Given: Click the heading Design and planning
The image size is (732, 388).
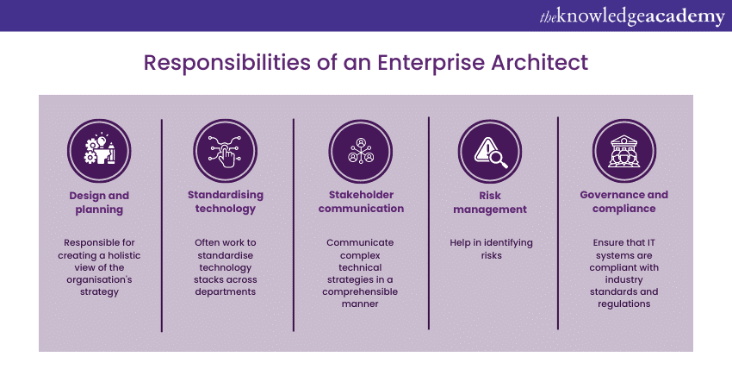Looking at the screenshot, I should coord(98,202).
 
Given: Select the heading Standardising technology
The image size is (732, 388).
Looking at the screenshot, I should coord(225,202).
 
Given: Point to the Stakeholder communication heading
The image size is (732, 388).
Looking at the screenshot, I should coord(360,202).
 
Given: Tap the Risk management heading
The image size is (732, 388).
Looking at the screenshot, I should coord(490,202).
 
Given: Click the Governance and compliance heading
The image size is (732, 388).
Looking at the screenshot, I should coord(623,202).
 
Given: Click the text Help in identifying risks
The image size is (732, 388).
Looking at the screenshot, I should coord(490,249).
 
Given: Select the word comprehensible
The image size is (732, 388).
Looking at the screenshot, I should coord(360,291).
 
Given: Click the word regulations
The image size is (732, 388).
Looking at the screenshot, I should coord(623,304).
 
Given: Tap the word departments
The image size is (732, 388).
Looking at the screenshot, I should coord(225,291).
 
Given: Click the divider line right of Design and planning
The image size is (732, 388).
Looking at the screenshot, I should coord(162,224).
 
